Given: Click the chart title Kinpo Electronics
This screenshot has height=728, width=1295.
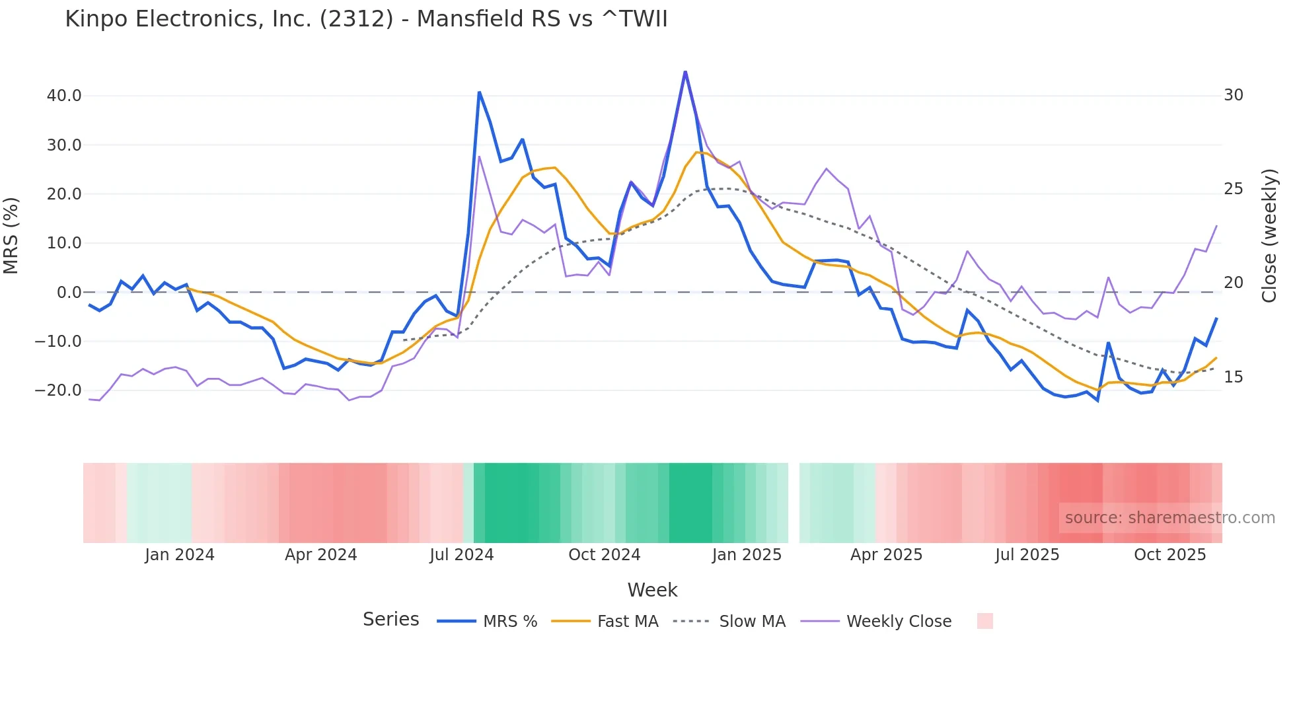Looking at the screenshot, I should click(x=366, y=19).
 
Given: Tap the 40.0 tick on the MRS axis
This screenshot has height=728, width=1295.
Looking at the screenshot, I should click(x=64, y=96).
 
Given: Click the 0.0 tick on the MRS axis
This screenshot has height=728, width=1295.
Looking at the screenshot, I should click(x=69, y=292).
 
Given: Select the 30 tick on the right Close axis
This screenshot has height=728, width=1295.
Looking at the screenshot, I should click(x=1233, y=95).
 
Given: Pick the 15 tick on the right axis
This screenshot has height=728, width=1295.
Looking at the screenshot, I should click(x=1233, y=377).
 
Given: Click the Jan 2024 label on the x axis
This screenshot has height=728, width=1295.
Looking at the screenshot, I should click(x=180, y=555).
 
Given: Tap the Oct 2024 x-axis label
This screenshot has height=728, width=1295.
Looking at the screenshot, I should click(x=604, y=555).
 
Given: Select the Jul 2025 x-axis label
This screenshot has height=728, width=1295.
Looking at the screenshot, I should click(x=1027, y=555).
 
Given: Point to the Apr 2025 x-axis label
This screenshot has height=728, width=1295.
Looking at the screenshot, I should click(x=886, y=555).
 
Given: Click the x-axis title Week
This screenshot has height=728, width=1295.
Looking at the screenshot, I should click(x=652, y=590).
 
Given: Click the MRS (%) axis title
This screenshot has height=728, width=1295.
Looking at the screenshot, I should click(x=11, y=235).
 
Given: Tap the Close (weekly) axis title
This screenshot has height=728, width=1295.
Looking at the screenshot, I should click(x=1269, y=236).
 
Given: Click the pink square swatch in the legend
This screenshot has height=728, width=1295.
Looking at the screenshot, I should click(x=984, y=621).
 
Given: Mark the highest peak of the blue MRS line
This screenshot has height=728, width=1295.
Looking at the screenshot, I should click(x=685, y=71).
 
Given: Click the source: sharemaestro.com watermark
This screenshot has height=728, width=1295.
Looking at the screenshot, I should click(x=1169, y=518).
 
